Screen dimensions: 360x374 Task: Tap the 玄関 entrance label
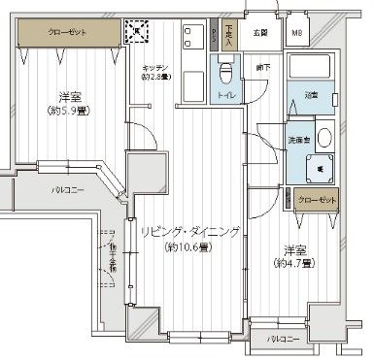260,32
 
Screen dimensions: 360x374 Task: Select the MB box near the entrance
296,32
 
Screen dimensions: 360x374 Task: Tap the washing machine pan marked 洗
321,168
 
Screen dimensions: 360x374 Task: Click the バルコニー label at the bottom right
282,340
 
